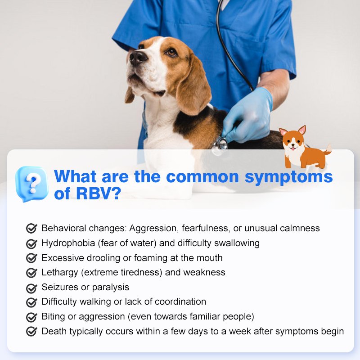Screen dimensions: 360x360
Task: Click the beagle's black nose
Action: pos(138,58)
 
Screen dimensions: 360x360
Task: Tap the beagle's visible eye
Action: pos(171,52)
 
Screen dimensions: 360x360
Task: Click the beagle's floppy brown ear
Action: pos(193,87)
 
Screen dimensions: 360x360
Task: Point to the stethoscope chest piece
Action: pos(219,145)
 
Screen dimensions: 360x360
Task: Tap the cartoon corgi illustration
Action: pos(305,147)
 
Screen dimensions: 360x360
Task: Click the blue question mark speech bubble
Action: pos(31,184)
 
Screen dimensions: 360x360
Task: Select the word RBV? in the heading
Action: pos(98,193)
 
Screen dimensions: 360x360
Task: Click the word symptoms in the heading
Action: pos(288,177)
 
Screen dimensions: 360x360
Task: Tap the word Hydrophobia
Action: pos(68,243)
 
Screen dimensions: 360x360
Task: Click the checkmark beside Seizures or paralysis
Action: pos(31,288)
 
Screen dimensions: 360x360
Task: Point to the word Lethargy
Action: pos(60,273)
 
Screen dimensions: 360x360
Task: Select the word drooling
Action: pos(103,258)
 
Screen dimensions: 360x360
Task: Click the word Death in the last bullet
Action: pos(54,331)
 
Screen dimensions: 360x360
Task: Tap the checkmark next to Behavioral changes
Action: pos(31,228)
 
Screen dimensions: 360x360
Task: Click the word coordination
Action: pos(180,301)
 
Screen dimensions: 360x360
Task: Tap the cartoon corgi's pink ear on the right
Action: pos(302,130)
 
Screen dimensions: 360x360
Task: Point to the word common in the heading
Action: pos(202,177)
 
